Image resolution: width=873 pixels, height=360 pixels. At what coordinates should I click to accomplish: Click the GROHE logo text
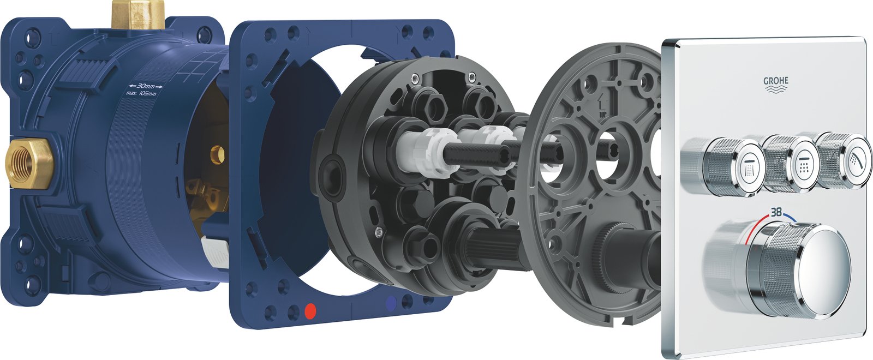(775, 81)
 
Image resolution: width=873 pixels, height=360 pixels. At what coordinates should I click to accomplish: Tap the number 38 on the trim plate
(776, 212)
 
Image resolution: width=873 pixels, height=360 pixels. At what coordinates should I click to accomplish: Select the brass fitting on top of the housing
(139, 14)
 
